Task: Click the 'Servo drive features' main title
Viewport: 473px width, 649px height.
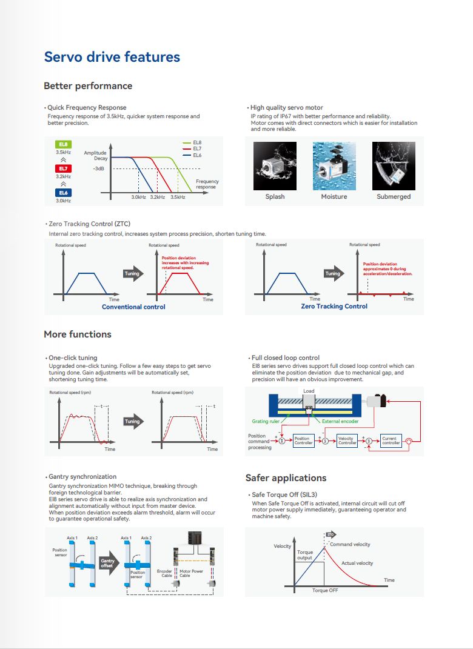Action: pyautogui.click(x=112, y=57)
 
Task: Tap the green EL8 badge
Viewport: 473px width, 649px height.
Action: pyautogui.click(x=64, y=144)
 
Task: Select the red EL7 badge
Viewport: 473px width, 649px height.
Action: pyautogui.click(x=64, y=168)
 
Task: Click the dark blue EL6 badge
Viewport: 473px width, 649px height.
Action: pyautogui.click(x=64, y=193)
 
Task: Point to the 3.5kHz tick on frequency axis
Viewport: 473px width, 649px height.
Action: pyautogui.click(x=178, y=197)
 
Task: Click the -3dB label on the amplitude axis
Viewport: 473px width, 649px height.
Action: pyautogui.click(x=99, y=168)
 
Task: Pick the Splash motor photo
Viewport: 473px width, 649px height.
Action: pyautogui.click(x=275, y=166)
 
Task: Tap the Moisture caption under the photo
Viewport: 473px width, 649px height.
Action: pyautogui.click(x=334, y=196)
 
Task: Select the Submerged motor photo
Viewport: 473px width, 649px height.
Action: pyautogui.click(x=394, y=166)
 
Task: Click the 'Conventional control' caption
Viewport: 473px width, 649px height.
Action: pyautogui.click(x=133, y=307)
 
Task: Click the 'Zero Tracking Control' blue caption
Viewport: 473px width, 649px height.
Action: pyautogui.click(x=334, y=306)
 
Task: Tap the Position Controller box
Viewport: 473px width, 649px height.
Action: pyautogui.click(x=303, y=441)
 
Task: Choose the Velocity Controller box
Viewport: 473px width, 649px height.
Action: pyautogui.click(x=347, y=441)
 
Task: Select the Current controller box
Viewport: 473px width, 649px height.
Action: pyautogui.click(x=391, y=441)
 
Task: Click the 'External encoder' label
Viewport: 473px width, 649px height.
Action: pyautogui.click(x=340, y=421)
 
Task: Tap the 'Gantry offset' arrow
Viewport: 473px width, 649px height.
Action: pyautogui.click(x=107, y=563)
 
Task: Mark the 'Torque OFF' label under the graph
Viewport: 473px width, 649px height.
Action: pyautogui.click(x=325, y=590)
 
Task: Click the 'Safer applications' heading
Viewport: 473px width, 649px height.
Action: pyautogui.click(x=286, y=478)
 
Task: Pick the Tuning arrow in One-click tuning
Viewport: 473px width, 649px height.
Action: pyautogui.click(x=133, y=421)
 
